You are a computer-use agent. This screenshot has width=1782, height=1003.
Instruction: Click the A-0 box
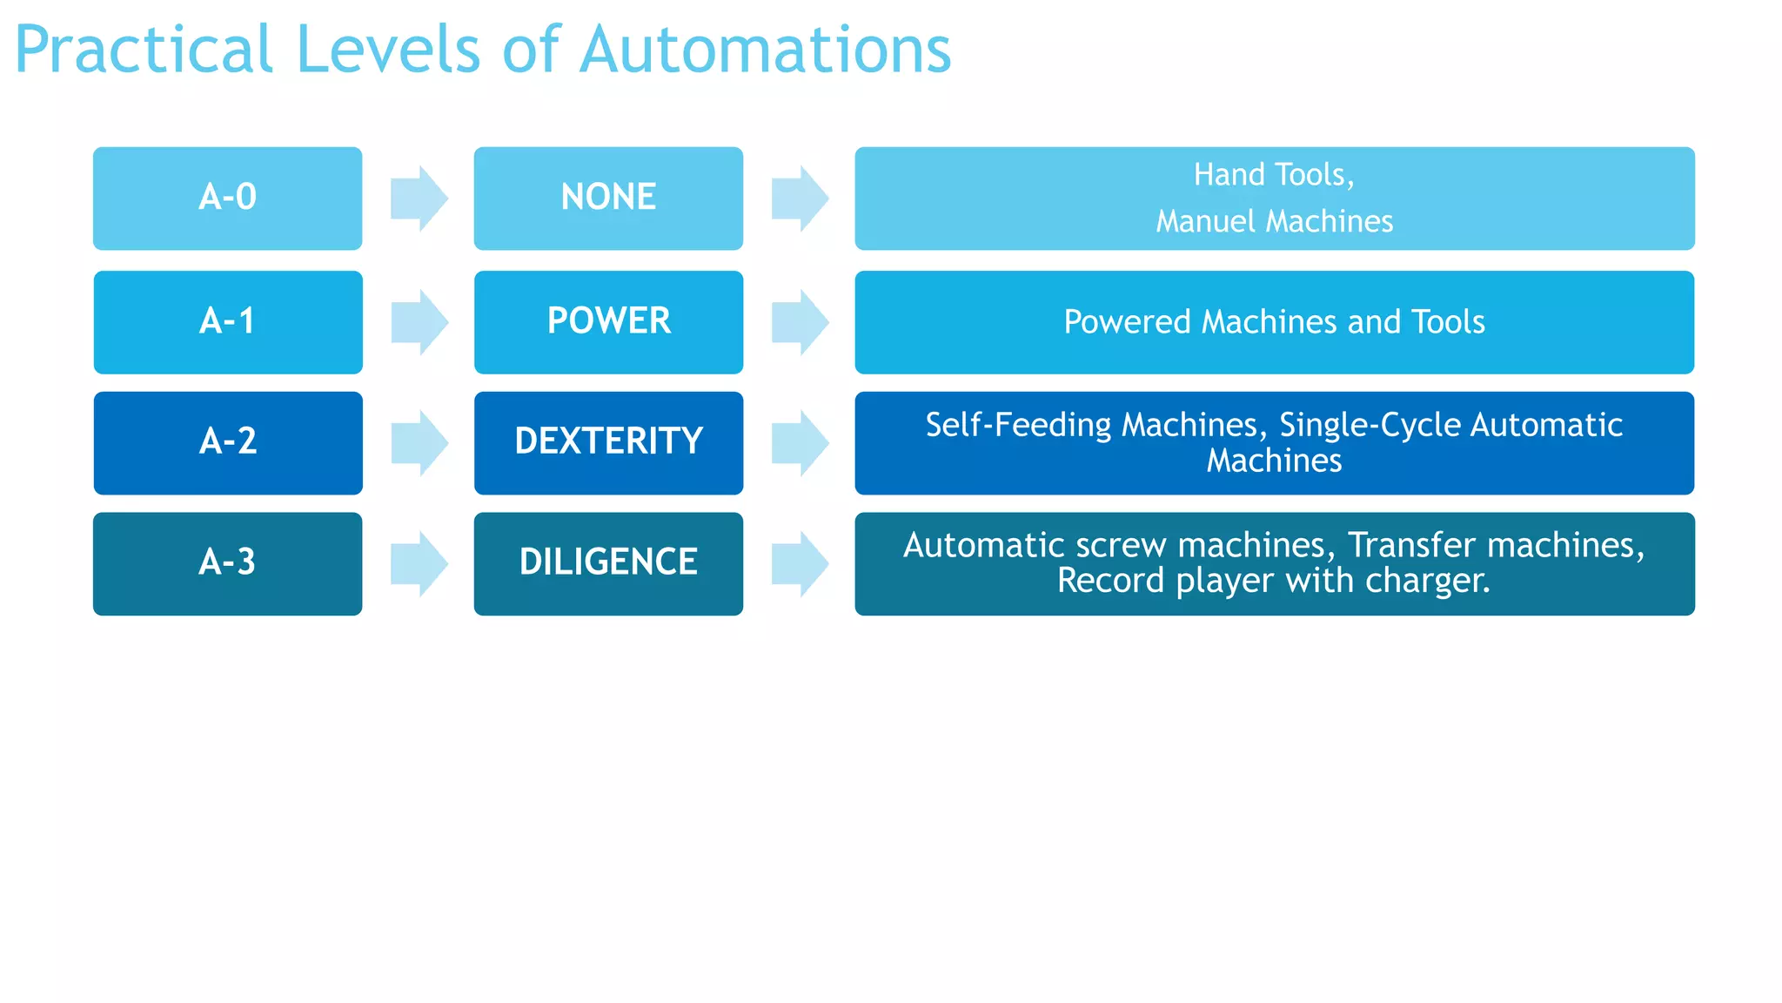point(227,199)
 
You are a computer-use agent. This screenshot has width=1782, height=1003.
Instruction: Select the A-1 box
point(228,322)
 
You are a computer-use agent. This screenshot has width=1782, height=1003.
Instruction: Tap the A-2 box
point(228,442)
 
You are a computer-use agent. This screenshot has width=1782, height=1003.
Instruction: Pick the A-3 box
point(227,563)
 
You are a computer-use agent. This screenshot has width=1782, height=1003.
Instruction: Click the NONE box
point(608,199)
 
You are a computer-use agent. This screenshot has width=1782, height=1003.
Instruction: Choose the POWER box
point(608,322)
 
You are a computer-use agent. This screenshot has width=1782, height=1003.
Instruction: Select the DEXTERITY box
point(608,442)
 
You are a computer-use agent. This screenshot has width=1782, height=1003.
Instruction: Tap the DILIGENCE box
point(608,563)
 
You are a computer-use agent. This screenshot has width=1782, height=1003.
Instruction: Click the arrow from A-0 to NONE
point(419,199)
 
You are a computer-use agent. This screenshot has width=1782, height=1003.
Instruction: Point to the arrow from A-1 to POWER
point(419,322)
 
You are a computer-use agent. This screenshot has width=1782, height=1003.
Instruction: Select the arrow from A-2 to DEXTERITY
point(419,442)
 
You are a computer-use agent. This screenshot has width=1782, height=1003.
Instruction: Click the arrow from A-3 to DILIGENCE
point(419,563)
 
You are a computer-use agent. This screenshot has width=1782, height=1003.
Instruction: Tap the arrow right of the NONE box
point(800,199)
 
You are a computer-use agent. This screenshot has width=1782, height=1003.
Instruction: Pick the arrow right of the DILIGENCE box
point(800,563)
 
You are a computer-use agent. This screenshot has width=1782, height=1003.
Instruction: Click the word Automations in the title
point(765,50)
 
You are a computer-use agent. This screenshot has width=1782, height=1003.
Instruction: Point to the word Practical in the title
point(144,50)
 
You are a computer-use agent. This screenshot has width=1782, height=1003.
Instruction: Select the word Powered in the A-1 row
point(1127,322)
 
